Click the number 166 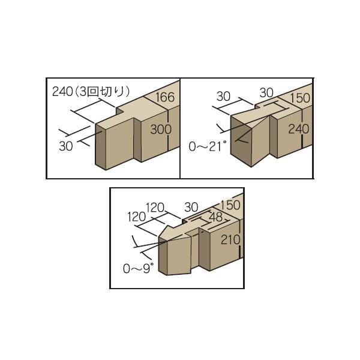(165, 97)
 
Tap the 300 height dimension (161, 129)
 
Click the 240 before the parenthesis (62, 92)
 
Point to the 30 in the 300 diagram (66, 146)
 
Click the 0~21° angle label (208, 146)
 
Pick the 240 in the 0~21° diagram (298, 129)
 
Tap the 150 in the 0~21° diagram (300, 98)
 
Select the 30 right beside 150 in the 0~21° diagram (266, 93)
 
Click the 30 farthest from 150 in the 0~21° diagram (223, 97)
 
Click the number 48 (216, 217)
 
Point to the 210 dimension (230, 240)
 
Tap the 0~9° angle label (138, 268)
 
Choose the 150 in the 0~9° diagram (230, 205)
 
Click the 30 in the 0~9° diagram (191, 208)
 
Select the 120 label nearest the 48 (155, 208)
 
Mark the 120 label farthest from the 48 (137, 217)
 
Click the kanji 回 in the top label (93, 92)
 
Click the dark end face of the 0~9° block (163, 256)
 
